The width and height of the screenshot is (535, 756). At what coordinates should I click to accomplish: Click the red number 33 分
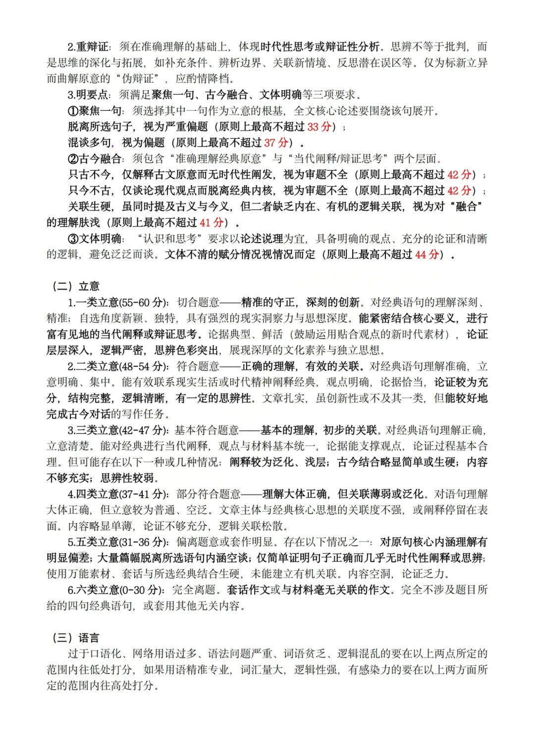coord(320,127)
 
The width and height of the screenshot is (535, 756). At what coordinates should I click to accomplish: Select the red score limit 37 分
coord(276,143)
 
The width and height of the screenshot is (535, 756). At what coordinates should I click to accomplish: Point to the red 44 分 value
coord(427,255)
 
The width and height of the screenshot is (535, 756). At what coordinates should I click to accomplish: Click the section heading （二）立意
coord(76,287)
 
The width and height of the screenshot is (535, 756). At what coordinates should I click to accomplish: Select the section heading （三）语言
coord(76,638)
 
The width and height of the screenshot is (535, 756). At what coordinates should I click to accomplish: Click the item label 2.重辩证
coord(89,47)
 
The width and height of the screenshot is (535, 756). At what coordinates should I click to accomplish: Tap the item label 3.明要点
coord(89,95)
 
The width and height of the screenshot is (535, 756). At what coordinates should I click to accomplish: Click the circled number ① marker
coord(73,111)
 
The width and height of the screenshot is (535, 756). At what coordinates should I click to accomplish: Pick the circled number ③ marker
coord(73,239)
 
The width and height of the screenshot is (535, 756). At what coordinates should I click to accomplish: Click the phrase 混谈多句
coord(90,143)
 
